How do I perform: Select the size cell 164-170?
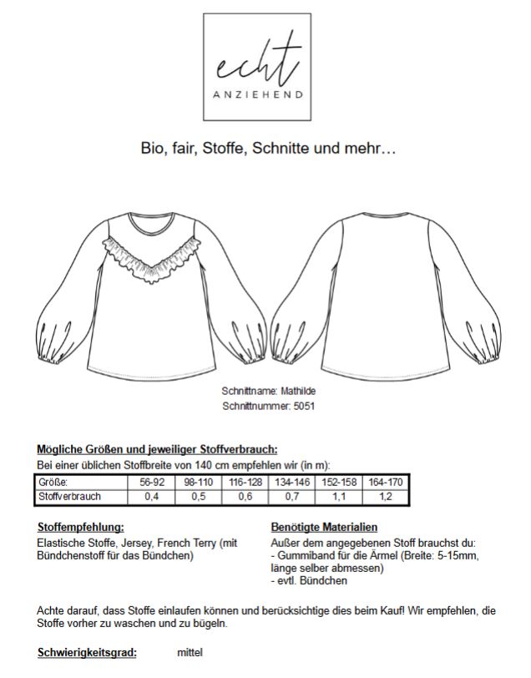387,482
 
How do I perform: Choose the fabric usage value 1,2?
387,497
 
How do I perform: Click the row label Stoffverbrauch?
68,497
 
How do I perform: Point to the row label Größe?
53,482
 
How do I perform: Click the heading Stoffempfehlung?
80,528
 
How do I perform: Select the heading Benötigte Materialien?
324,528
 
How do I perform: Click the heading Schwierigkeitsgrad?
87,652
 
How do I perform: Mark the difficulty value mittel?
190,652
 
